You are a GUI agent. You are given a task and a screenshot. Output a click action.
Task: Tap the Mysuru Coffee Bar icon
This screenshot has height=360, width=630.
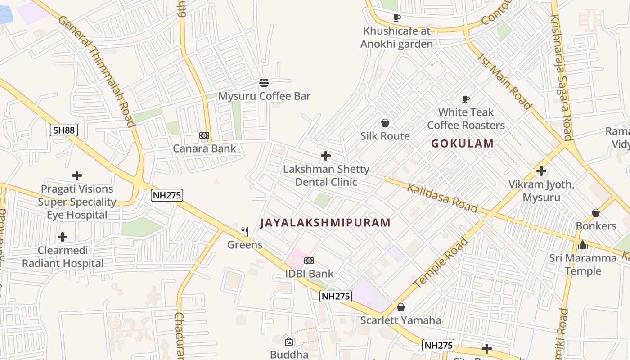coord(264,83)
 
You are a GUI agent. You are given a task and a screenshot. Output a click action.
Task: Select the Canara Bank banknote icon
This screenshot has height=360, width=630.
coord(204,135)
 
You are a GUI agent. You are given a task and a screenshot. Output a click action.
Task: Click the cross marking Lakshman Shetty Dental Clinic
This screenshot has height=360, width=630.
coord(326,156)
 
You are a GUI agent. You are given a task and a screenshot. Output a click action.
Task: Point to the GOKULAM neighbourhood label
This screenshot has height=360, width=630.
coord(462,144)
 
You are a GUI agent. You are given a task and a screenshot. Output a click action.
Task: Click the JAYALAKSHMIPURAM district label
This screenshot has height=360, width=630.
coord(325,222)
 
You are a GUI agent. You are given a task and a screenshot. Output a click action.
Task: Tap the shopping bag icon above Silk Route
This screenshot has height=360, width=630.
coord(385,123)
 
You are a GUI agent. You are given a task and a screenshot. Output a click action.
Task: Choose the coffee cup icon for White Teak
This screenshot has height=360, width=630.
coord(466,99)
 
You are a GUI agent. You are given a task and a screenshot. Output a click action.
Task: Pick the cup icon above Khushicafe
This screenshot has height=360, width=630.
coord(396,18)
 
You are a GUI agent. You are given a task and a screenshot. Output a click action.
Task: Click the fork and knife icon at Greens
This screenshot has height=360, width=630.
coord(245,232)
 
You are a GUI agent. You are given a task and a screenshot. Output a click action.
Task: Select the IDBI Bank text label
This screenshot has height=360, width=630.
coord(309,274)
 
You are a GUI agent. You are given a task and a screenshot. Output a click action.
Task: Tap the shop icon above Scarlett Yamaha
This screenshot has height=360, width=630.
coord(401,307)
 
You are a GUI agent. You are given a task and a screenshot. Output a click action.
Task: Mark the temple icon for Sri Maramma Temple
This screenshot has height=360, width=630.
coord(583,245)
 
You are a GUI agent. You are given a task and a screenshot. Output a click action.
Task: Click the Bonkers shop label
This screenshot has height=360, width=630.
coord(596,226)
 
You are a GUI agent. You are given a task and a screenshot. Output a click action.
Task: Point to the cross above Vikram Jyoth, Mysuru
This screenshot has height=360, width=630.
coord(541,171)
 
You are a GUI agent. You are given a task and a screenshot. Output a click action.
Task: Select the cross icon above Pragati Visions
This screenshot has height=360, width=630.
coord(77,175)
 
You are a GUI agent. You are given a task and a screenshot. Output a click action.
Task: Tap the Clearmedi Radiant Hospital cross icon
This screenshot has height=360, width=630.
coord(63,237)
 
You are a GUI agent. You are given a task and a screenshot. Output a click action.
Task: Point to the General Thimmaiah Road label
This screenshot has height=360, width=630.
coord(96,72)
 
